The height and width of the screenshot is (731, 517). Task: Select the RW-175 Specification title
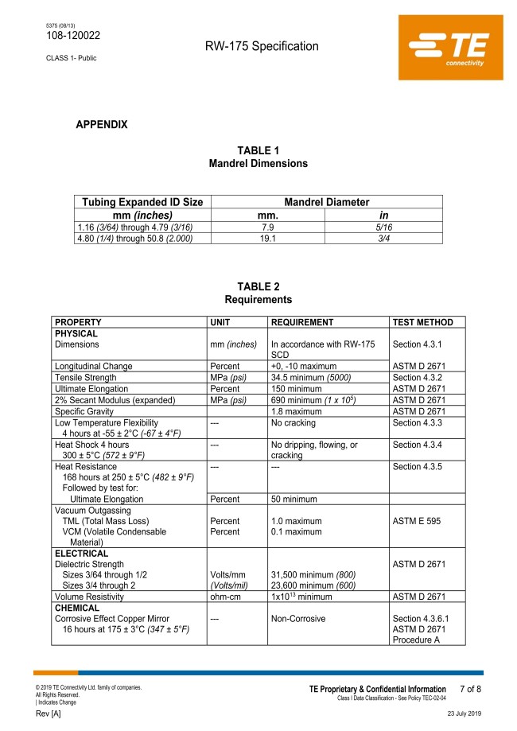coord(262,46)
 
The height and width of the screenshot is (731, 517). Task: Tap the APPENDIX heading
coord(101,125)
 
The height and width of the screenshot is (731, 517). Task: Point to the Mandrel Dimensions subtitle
coord(258,163)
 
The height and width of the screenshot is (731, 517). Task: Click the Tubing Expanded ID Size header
coord(143,203)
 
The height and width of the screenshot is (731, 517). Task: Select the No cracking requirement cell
coord(295,422)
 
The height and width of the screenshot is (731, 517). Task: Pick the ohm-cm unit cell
coord(225,595)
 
